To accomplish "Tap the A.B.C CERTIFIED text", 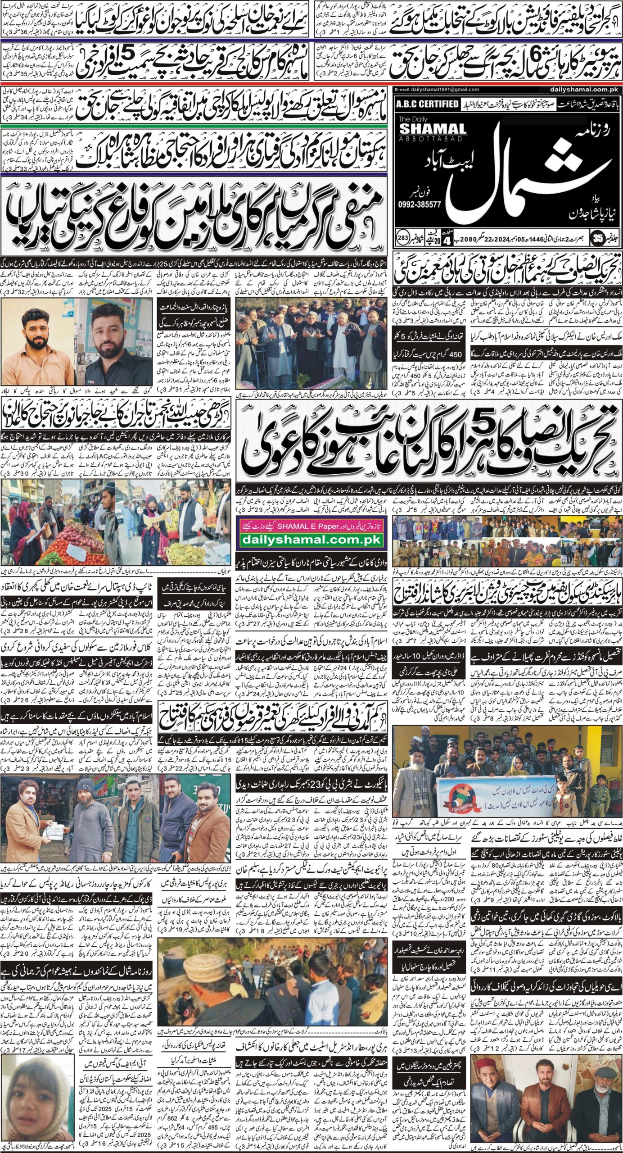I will (x=427, y=104).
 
